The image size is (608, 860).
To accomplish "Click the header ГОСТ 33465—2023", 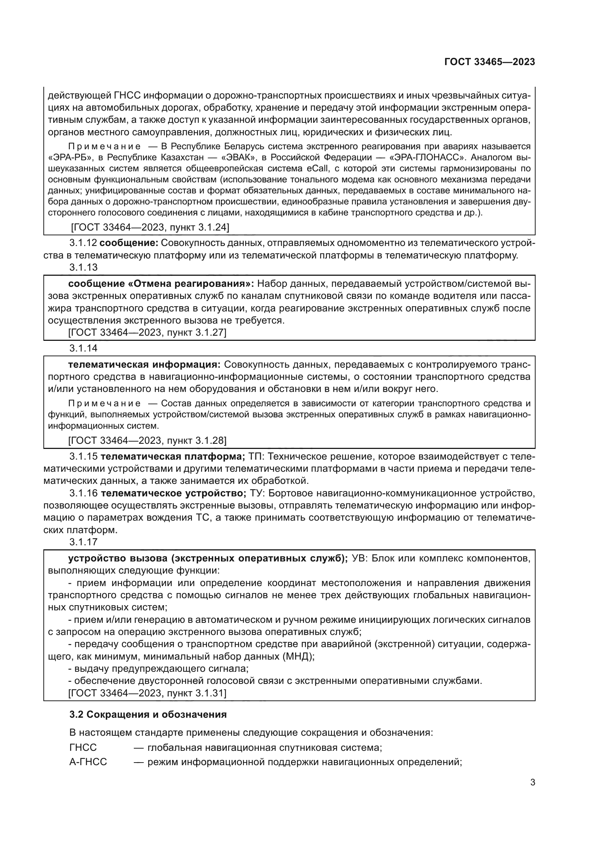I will [x=489, y=62].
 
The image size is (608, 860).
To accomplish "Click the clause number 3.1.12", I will [x=83, y=243].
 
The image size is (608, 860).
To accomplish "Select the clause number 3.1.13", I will [x=83, y=267].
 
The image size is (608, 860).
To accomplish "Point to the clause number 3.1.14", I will [x=83, y=348].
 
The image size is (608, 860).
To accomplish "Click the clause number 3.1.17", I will [x=83, y=542].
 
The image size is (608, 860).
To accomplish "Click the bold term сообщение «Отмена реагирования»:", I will [x=161, y=283].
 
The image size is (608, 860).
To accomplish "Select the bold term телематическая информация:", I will [x=144, y=364].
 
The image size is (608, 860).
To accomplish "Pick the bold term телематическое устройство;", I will [x=174, y=493].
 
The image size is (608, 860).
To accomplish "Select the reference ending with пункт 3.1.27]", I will [x=147, y=332].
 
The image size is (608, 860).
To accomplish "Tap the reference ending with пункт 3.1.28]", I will [x=147, y=440].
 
